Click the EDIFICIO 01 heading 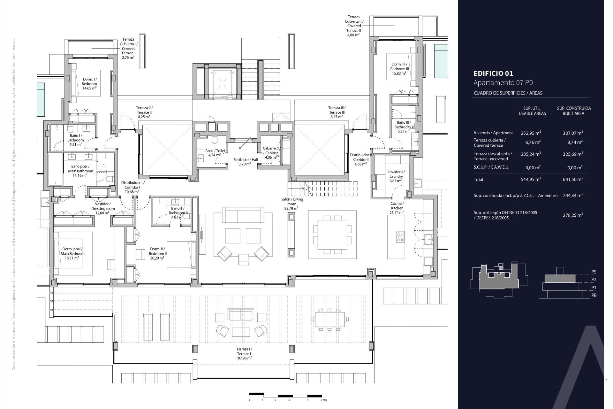tap(493, 73)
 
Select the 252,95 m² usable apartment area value tap(531, 133)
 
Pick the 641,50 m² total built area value tap(573, 179)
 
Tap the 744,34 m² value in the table tap(573, 196)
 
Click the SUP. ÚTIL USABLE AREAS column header tap(532, 111)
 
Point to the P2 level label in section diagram tap(594, 280)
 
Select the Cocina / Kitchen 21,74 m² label tap(397, 208)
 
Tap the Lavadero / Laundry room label tap(396, 176)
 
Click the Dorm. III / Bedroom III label tap(399, 69)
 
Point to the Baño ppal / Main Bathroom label tap(80, 171)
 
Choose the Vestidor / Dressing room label tap(103, 208)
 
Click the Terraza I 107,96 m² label tap(244, 354)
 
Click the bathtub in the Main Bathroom tap(56, 170)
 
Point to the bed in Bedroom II tap(181, 254)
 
